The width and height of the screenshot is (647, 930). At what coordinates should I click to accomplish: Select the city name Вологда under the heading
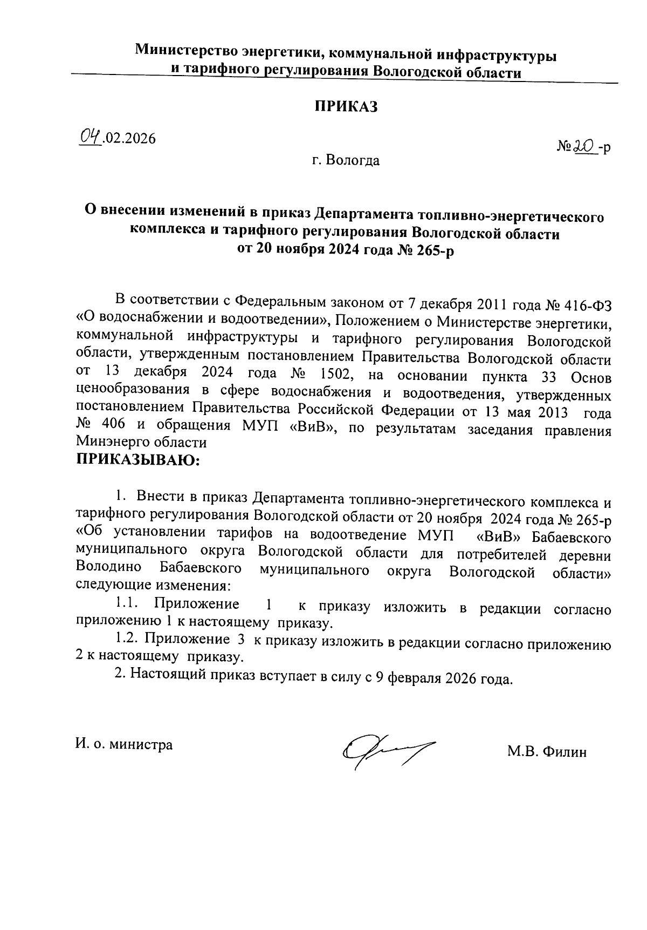355,160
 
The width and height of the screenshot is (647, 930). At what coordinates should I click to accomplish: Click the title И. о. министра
124,745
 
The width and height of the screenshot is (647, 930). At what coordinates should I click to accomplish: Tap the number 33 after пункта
549,374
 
